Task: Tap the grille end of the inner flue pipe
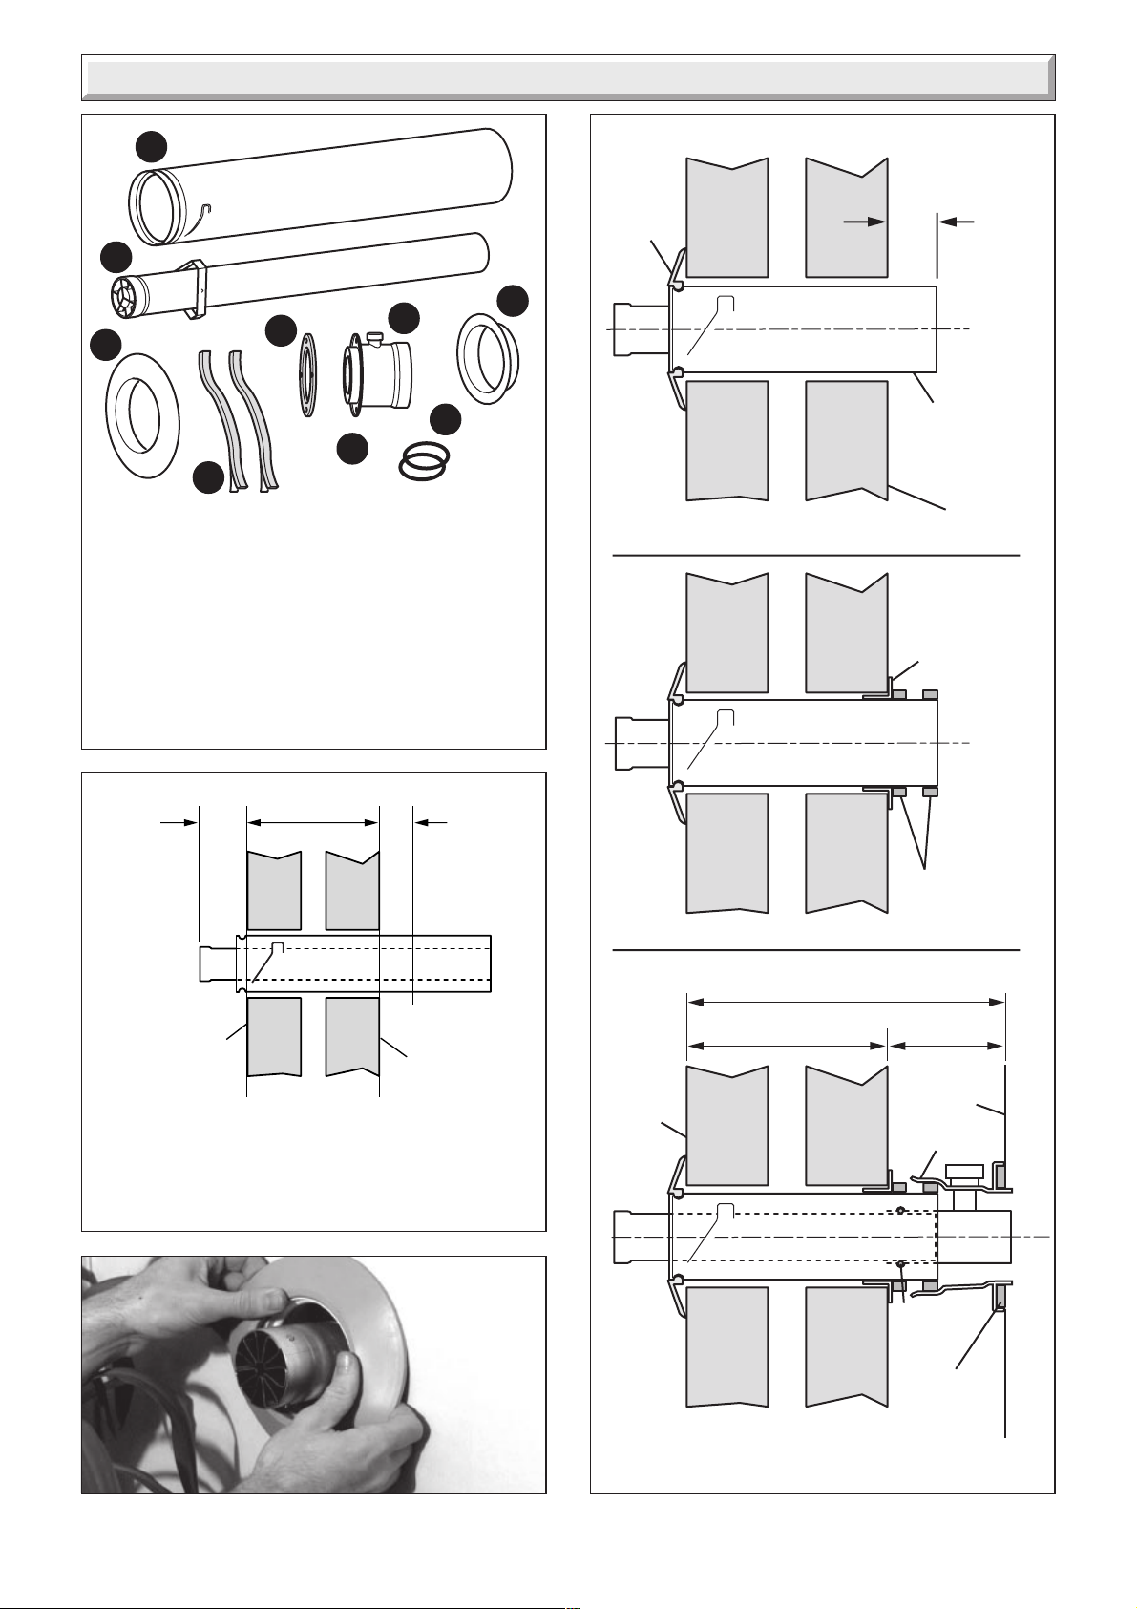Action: (x=126, y=295)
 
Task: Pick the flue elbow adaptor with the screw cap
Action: (x=378, y=375)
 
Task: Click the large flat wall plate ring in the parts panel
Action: (x=140, y=418)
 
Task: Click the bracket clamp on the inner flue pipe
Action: (x=196, y=287)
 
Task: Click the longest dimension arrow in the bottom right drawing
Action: (x=846, y=1002)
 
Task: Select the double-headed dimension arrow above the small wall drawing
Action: (x=313, y=820)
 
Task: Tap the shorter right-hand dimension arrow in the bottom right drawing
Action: (x=946, y=1046)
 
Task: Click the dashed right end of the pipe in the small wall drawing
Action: (x=490, y=964)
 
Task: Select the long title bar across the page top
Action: (x=568, y=77)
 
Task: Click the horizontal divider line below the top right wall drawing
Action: (x=815, y=554)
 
